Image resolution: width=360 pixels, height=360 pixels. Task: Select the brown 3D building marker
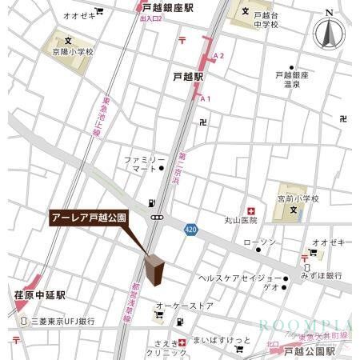click(x=155, y=268)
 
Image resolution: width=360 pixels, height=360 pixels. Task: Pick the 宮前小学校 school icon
click(x=294, y=210)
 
